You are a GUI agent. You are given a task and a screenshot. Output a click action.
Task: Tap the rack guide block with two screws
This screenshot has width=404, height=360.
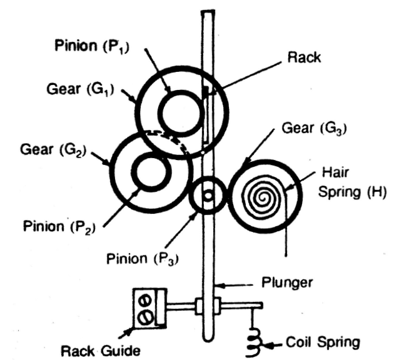pyautogui.click(x=146, y=307)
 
